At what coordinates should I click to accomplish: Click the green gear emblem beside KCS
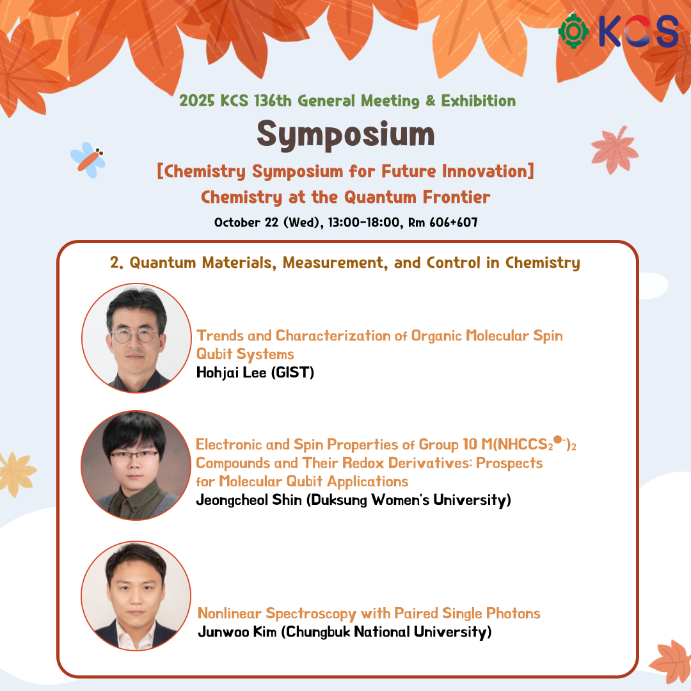pos(573,31)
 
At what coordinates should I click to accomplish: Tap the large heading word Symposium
pos(346,134)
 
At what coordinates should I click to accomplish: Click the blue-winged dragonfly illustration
pos(88,160)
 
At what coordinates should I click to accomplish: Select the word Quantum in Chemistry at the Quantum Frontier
pos(380,198)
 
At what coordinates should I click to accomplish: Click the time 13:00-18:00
pos(363,222)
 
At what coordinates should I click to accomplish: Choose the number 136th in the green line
pos(273,101)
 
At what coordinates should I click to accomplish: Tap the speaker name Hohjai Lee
pos(232,373)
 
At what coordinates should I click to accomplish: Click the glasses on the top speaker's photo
pos(135,335)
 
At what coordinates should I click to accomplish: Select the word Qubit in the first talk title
pos(214,354)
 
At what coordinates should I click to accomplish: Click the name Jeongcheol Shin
pos(249,500)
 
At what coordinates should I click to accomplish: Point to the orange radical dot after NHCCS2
pos(557,440)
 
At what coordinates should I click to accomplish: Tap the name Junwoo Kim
pos(237,632)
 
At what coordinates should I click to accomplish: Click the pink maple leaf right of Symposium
pos(614,150)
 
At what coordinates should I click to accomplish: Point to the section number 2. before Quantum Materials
pos(117,263)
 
